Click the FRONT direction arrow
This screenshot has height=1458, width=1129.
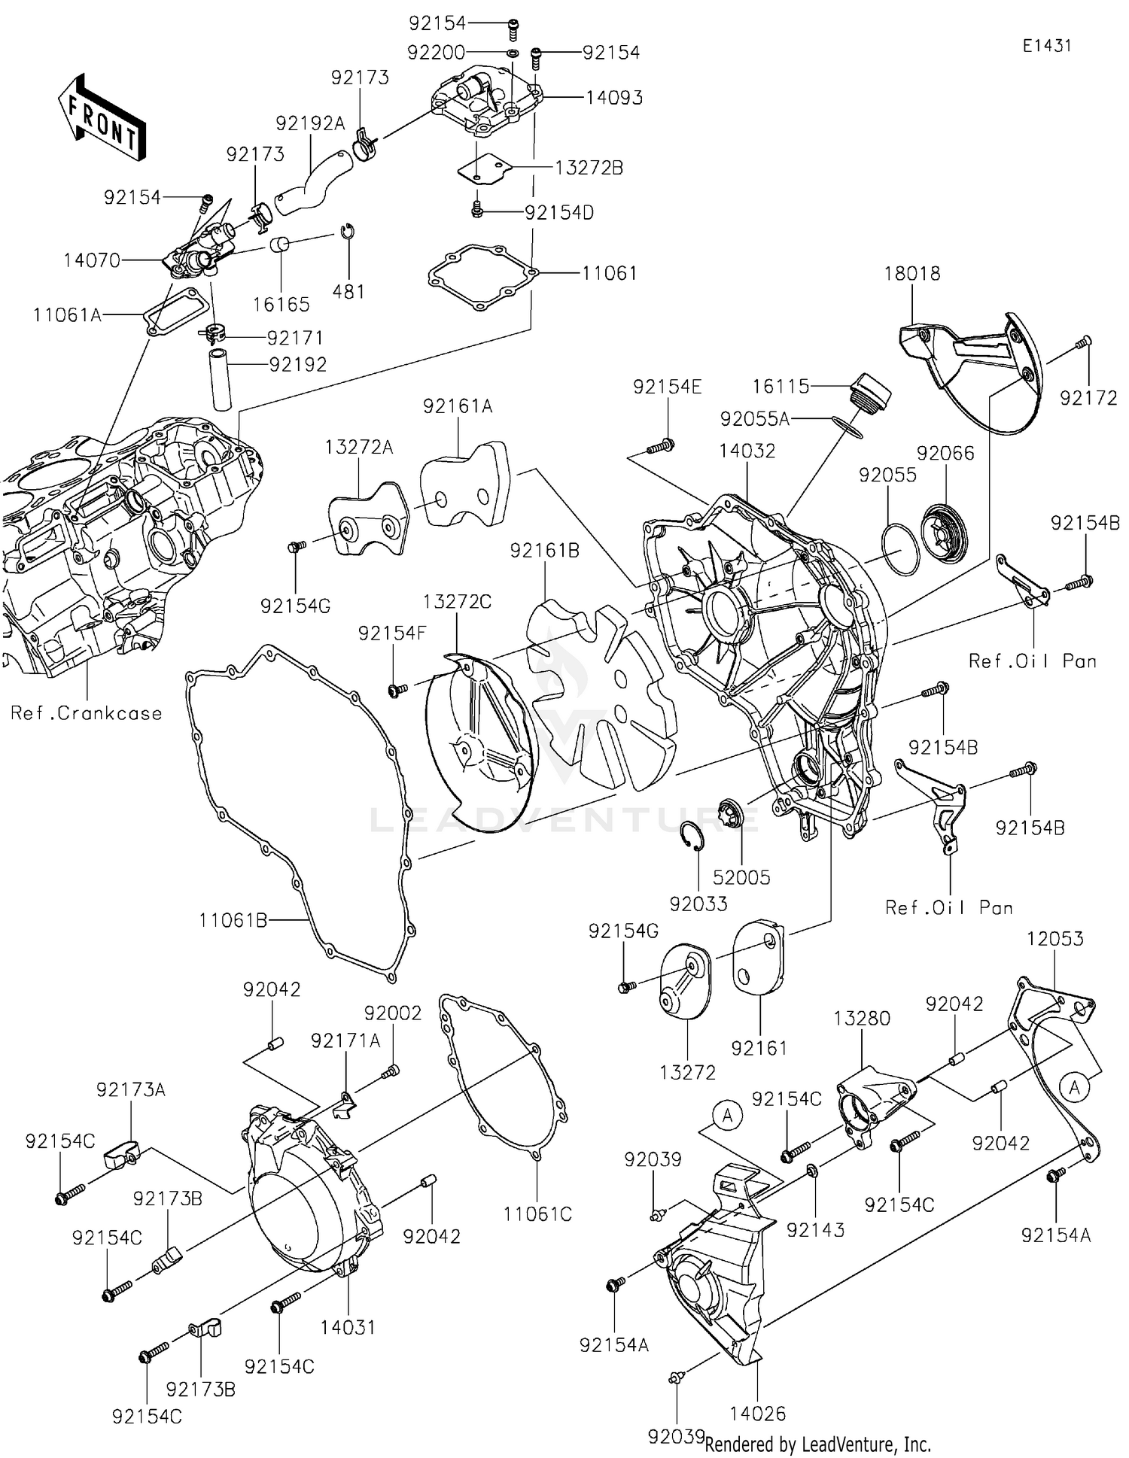coord(102,118)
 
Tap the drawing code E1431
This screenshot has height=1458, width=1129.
coord(1046,46)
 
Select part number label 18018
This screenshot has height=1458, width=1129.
coord(912,274)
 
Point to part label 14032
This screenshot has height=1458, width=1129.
coord(747,451)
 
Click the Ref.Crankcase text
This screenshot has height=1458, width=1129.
coord(87,713)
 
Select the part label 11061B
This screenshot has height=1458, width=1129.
coord(233,920)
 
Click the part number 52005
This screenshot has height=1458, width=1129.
coord(741,877)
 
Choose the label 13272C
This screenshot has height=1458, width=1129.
coord(457,602)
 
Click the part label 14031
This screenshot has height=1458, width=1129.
coord(348,1327)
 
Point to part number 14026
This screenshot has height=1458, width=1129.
coord(757,1414)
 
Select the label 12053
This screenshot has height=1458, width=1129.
coord(1055,939)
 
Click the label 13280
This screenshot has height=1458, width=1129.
coord(862,1019)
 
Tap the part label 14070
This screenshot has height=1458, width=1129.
coord(92,260)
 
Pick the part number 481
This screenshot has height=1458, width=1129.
coord(348,292)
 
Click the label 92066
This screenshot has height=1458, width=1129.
coord(945,454)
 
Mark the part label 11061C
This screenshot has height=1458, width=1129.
coord(537,1214)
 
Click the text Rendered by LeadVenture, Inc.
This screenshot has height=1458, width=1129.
coord(818,1444)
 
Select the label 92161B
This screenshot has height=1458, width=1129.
coord(544,551)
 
